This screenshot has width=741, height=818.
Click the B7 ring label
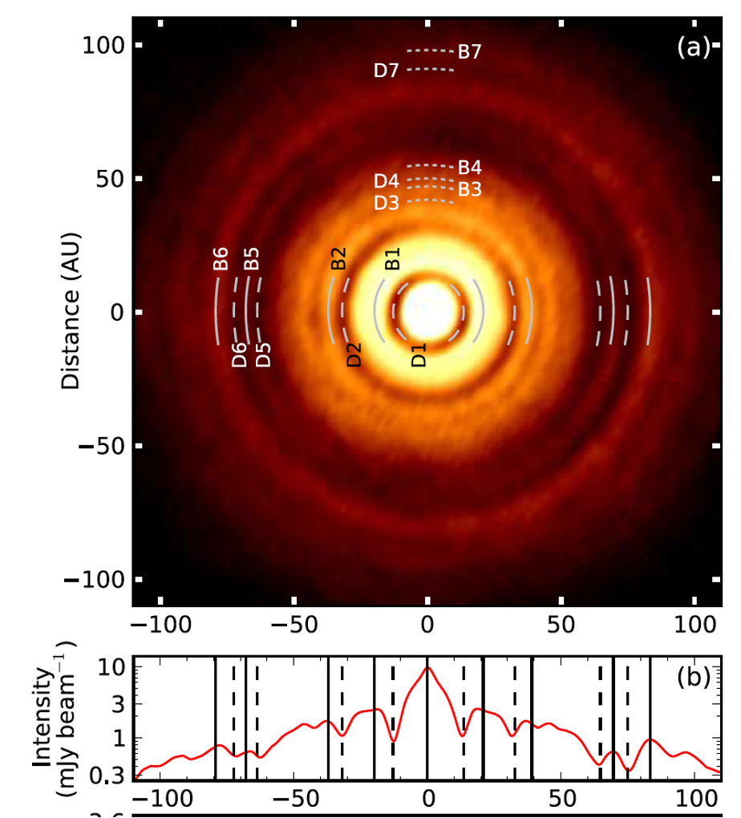(469, 52)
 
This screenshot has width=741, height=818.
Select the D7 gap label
(387, 71)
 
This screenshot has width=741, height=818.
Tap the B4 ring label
(469, 168)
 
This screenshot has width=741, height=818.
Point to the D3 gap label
(387, 203)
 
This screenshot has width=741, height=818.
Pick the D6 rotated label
(239, 354)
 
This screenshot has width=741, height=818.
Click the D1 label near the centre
(419, 354)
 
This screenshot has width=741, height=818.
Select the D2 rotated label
(354, 354)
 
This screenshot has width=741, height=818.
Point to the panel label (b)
(693, 678)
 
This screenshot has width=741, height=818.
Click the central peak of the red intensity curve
(428, 668)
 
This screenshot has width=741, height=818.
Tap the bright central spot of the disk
(428, 312)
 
